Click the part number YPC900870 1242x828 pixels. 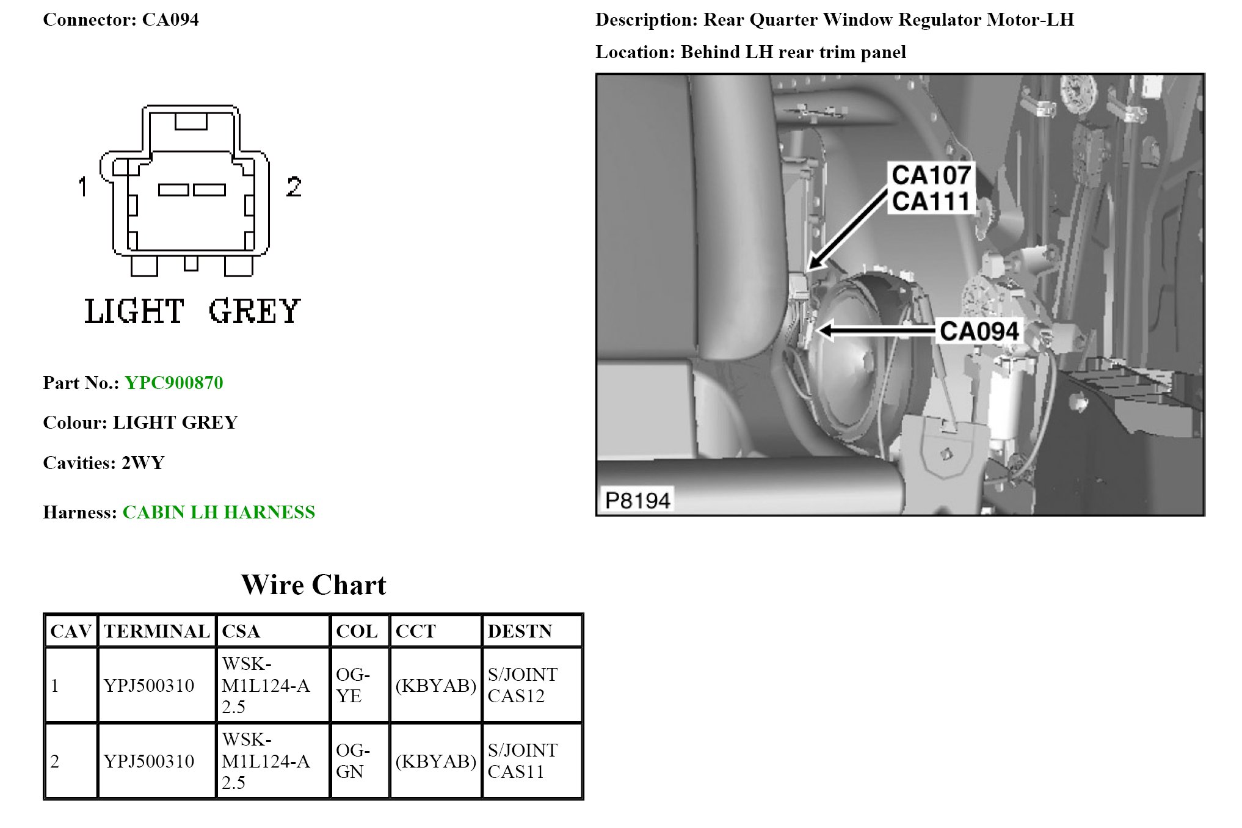point(174,383)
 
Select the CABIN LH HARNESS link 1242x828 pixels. point(219,512)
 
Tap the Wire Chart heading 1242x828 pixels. point(313,585)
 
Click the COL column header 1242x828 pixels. point(357,631)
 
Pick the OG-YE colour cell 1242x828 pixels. point(353,685)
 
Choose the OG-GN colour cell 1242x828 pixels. point(353,761)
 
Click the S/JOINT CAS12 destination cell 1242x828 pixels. point(522,685)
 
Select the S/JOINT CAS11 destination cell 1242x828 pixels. point(522,761)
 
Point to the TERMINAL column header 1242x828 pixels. point(156,631)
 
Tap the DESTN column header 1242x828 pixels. point(520,631)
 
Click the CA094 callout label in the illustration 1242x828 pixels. point(979,331)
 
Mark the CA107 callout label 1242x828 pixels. point(931,175)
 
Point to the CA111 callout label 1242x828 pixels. point(931,202)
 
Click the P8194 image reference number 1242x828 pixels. point(637,500)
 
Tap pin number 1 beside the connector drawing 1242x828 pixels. point(83,187)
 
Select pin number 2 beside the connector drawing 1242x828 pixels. point(294,187)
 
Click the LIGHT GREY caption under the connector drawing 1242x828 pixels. point(192,311)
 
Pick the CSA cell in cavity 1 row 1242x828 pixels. point(266,685)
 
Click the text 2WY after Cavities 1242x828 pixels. point(143,463)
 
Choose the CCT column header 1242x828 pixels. point(415,631)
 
